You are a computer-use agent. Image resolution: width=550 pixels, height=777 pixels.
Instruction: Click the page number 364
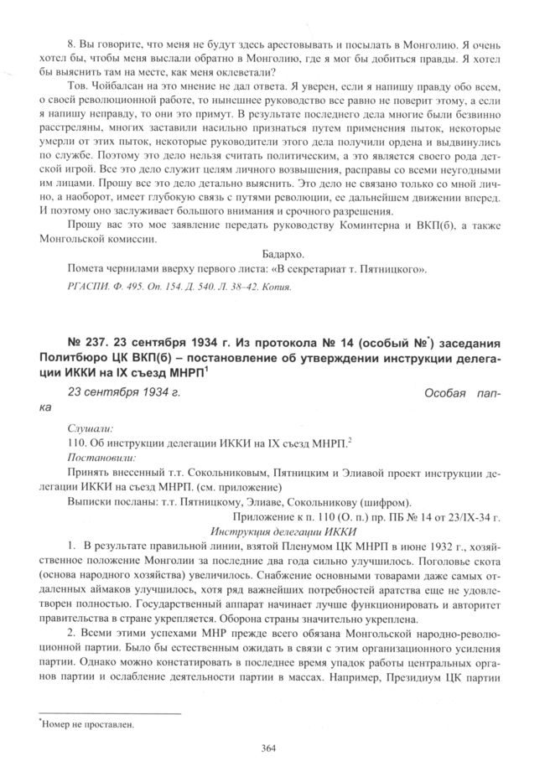[x=268, y=749]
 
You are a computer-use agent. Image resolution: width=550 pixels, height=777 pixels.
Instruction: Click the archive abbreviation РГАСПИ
[x=86, y=286]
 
